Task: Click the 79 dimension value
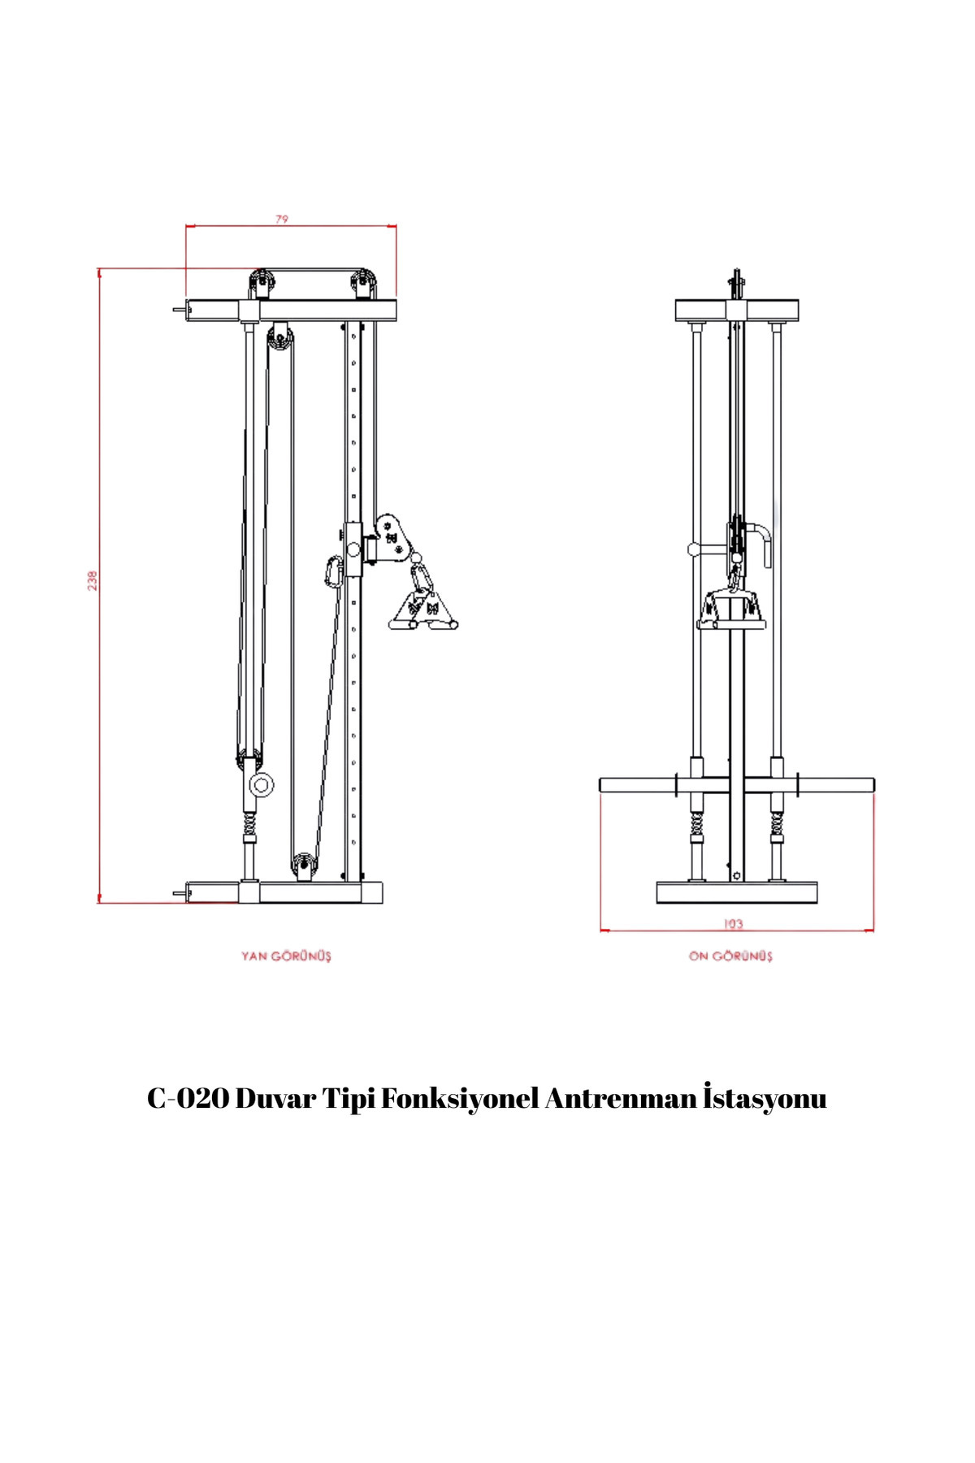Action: point(282,219)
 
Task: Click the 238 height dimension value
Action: point(93,580)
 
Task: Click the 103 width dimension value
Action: point(733,924)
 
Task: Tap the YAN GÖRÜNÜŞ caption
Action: point(286,956)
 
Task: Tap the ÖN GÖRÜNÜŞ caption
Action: point(730,956)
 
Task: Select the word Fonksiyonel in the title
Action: point(460,1099)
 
